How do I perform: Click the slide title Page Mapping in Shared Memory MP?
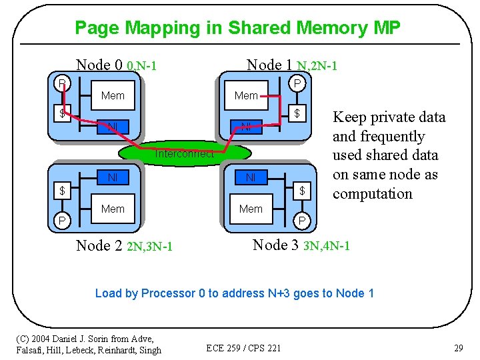point(237,28)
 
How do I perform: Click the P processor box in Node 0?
point(62,83)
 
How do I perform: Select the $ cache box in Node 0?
point(62,113)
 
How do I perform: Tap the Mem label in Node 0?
point(113,96)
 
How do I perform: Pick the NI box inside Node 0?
point(113,126)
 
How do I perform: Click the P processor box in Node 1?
point(298,83)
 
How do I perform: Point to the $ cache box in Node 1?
point(298,113)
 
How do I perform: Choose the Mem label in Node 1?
point(246,96)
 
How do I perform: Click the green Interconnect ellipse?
point(185,154)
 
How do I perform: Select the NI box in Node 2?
point(113,177)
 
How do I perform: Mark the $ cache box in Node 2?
point(62,191)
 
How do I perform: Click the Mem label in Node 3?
point(251,209)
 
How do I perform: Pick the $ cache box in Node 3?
point(302,191)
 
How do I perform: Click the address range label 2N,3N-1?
point(149,247)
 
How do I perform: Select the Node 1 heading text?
point(270,65)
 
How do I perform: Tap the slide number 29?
point(458,347)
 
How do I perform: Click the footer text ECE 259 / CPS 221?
point(243,347)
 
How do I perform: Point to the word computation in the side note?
point(373,194)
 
